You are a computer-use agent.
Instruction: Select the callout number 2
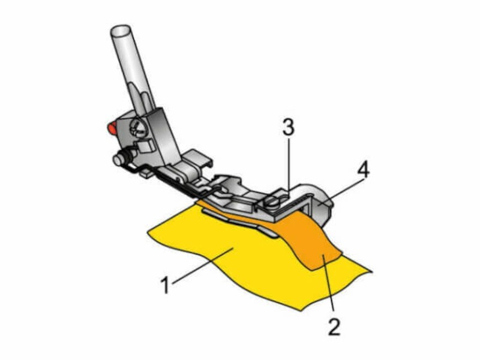[334, 326]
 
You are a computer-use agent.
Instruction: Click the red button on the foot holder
[112, 127]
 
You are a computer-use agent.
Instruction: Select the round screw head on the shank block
[137, 126]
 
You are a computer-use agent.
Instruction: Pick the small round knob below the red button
[118, 160]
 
